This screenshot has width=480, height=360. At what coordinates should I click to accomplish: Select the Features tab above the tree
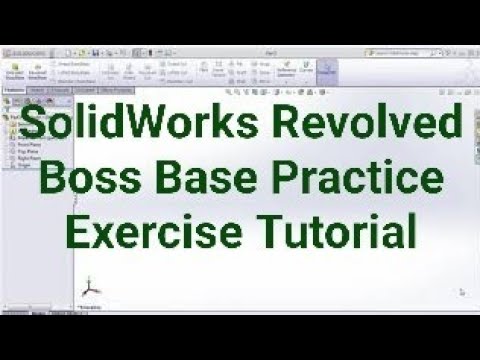[x=14, y=90]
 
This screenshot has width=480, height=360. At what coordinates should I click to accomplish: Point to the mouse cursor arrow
[x=461, y=292]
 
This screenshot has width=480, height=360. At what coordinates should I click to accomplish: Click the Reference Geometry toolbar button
[x=286, y=70]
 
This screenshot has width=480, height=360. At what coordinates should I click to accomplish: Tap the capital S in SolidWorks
[x=35, y=128]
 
